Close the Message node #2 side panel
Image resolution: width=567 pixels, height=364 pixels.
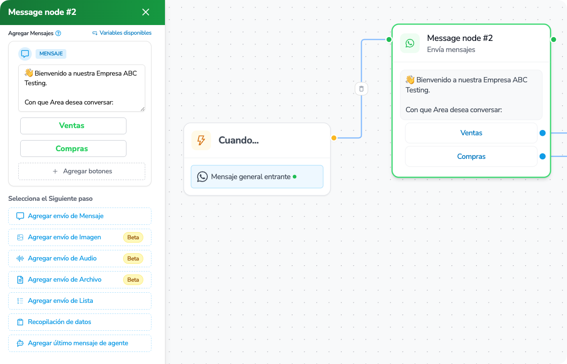click(x=146, y=12)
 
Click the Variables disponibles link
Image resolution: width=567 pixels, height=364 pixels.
click(x=122, y=33)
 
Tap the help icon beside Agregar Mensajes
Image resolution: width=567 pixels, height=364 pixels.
click(x=58, y=33)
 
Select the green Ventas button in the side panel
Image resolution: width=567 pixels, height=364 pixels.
click(x=74, y=126)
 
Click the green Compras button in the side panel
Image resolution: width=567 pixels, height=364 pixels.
click(x=74, y=148)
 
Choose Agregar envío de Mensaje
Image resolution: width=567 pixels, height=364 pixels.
click(x=80, y=216)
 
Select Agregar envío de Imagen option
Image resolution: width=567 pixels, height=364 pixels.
click(x=80, y=237)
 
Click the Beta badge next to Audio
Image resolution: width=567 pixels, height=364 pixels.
click(x=133, y=259)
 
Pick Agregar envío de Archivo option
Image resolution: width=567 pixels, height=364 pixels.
click(x=80, y=280)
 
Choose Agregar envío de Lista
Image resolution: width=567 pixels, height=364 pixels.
click(x=80, y=301)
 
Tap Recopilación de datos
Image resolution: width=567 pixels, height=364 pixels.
click(x=80, y=322)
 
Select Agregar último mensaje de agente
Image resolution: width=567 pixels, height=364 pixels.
click(x=80, y=343)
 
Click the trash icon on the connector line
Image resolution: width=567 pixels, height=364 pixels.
click(x=361, y=89)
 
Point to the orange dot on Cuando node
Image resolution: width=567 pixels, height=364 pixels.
click(x=334, y=138)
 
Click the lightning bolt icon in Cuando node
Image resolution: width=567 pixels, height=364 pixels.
click(x=201, y=140)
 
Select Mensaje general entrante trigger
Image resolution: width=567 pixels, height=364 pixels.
click(x=257, y=177)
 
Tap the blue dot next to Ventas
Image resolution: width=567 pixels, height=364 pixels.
click(x=542, y=133)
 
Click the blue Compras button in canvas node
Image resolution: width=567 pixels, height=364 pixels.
click(x=471, y=156)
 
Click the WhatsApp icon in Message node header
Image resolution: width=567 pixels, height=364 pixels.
click(x=410, y=43)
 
